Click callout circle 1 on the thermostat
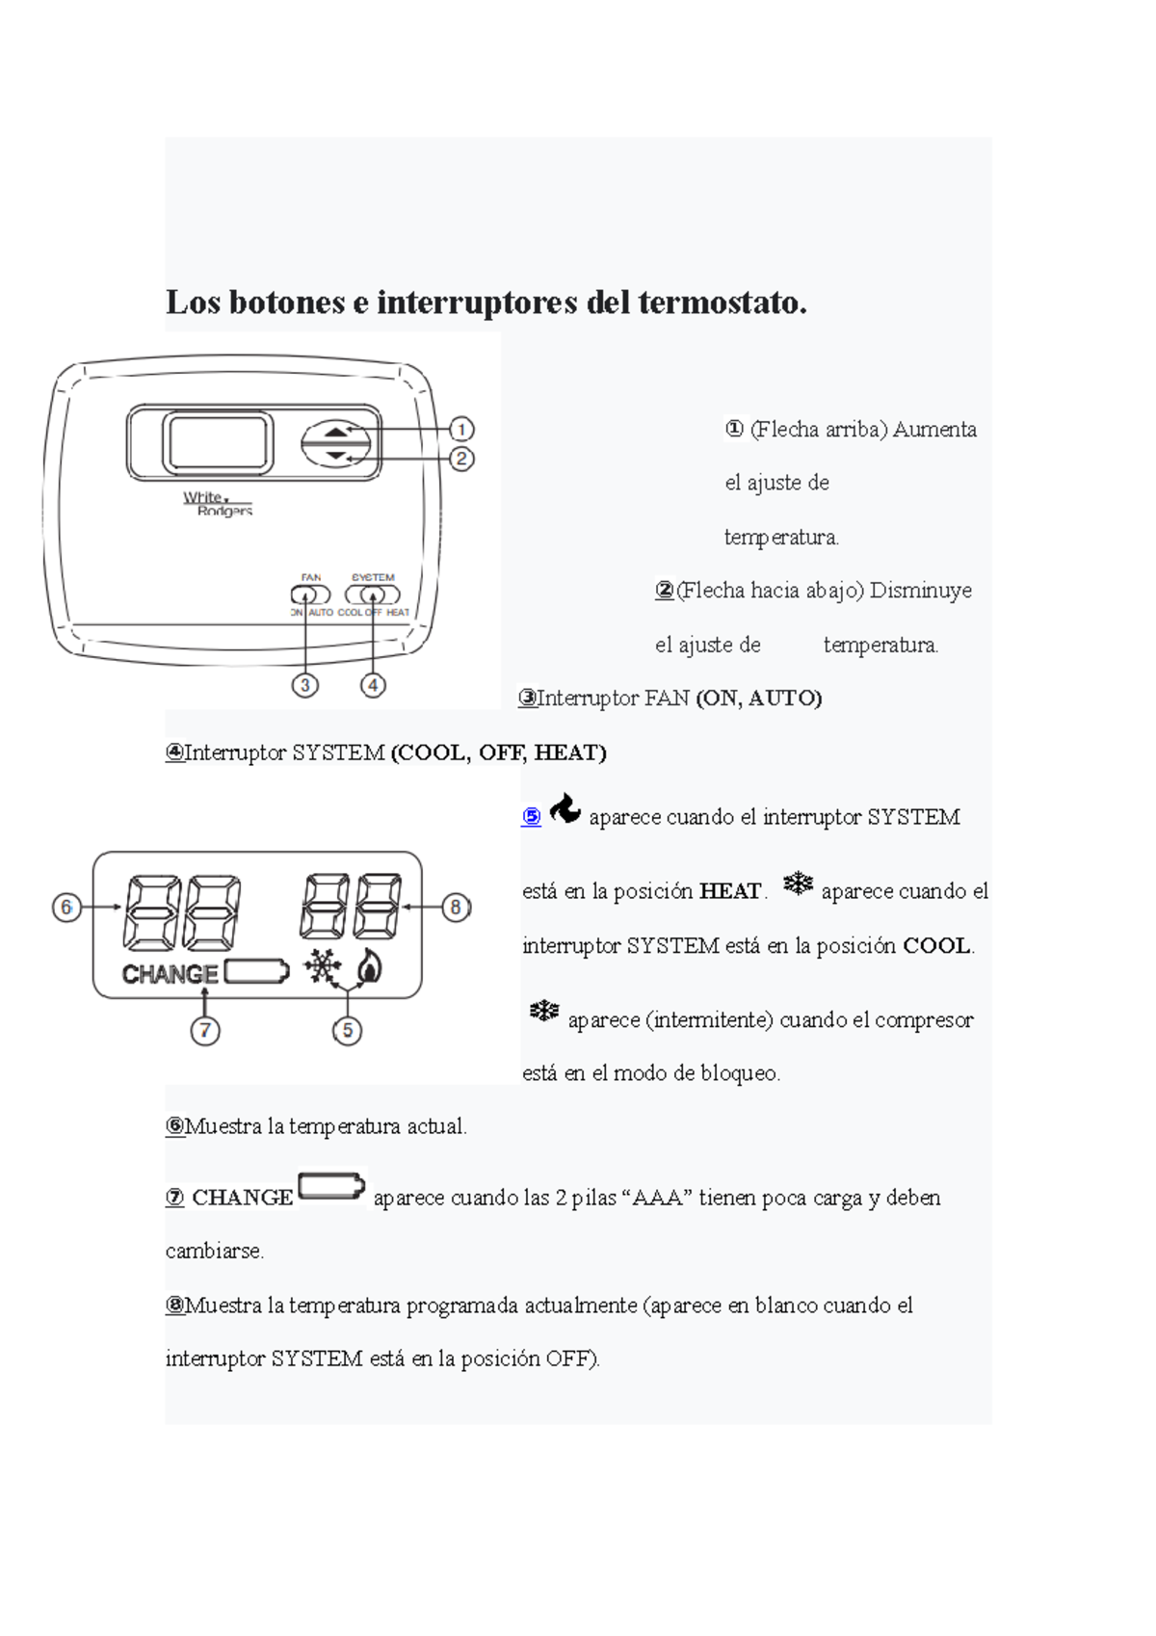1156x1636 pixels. coord(461,429)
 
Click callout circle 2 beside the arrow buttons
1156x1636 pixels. coord(461,459)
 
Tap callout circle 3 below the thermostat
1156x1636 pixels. coord(305,685)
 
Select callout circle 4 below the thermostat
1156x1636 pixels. coord(373,685)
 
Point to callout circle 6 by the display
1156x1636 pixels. coord(66,907)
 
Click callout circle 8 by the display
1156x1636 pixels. coord(456,907)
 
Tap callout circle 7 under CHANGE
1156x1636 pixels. coord(204,1030)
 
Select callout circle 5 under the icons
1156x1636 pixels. coord(347,1030)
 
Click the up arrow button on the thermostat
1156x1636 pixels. coord(335,432)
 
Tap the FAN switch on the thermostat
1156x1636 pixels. coord(311,594)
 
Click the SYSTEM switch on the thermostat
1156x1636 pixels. coord(373,594)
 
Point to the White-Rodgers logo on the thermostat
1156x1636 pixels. coord(218,503)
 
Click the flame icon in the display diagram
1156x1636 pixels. coord(368,965)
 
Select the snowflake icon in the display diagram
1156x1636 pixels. coord(323,966)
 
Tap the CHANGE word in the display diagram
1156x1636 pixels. coord(171,974)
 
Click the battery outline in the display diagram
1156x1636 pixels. coord(256,971)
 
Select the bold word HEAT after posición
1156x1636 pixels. coord(730,891)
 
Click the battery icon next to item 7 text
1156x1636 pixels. coord(331,1186)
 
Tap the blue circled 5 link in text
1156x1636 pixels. coord(532,817)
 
